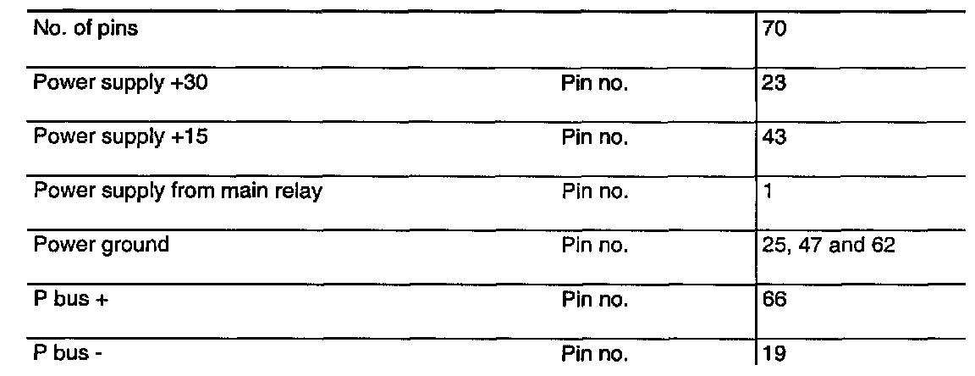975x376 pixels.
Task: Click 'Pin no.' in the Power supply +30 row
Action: [x=594, y=82]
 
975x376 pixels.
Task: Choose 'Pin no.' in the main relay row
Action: [x=594, y=191]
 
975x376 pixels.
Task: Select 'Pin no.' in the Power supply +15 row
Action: [x=594, y=136]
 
